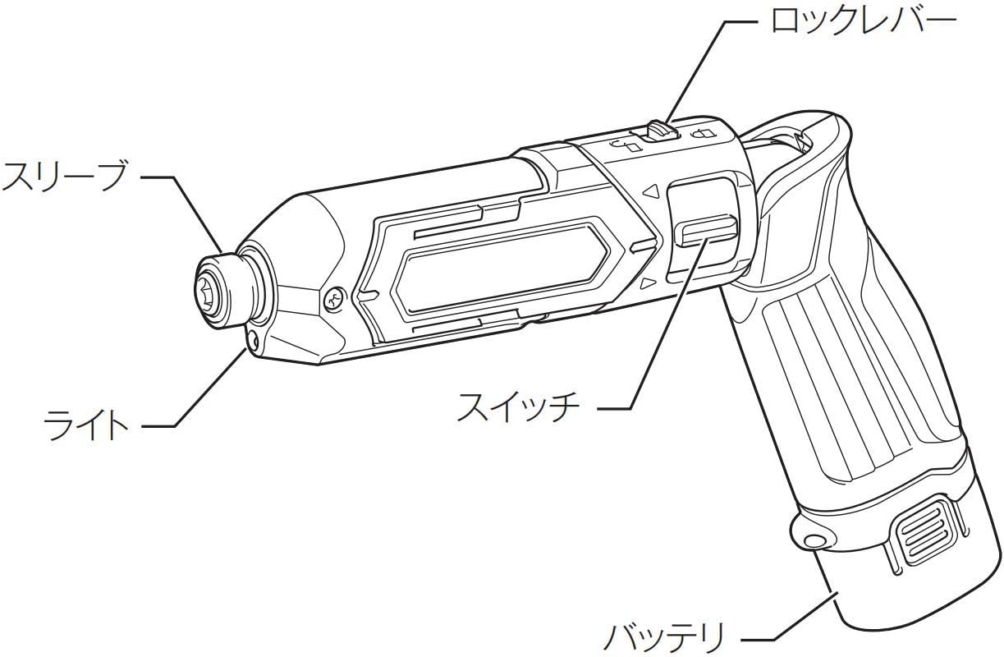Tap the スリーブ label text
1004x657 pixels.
click(x=64, y=176)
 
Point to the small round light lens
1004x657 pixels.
click(x=252, y=339)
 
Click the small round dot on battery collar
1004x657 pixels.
click(x=814, y=540)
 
